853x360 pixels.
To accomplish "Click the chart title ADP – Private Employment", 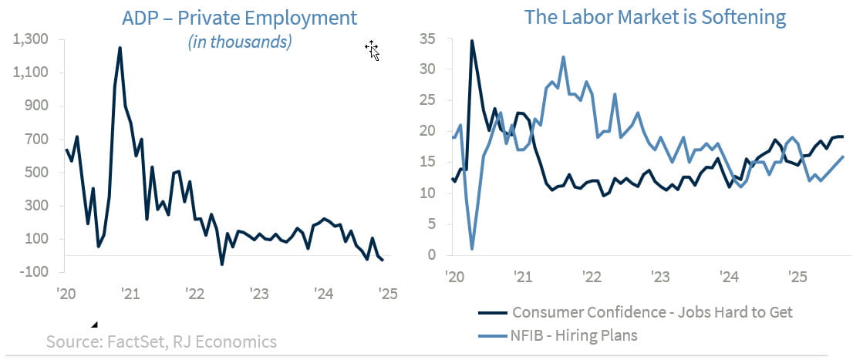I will point(239,17).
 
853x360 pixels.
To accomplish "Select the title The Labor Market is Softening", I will point(655,17).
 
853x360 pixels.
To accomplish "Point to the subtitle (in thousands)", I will point(240,42).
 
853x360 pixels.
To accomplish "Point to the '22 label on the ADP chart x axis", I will point(194,293).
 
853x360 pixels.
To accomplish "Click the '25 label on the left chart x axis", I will point(388,293).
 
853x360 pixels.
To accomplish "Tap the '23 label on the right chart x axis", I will point(660,276).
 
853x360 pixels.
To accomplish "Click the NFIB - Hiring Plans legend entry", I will point(575,335).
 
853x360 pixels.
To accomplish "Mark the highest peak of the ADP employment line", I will point(120,48).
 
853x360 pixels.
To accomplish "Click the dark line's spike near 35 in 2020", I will point(472,41).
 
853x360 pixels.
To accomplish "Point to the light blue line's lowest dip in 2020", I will point(472,249).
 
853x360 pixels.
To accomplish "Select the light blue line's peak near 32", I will point(564,57).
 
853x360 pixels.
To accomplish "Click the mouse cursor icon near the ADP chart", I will point(372,51).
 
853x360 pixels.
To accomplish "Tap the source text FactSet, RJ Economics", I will point(161,341).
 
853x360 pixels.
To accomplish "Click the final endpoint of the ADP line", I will point(383,261).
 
